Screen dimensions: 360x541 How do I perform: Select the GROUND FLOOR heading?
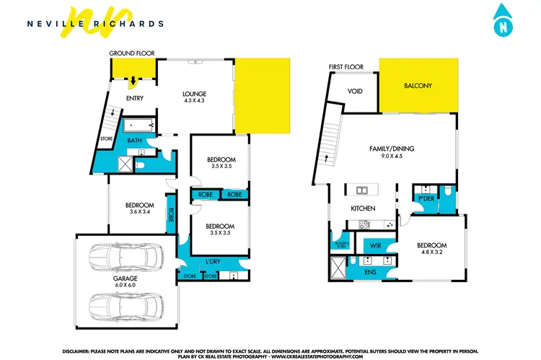132,54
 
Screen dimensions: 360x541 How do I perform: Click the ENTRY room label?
135,98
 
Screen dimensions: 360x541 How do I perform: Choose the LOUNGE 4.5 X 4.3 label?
195,97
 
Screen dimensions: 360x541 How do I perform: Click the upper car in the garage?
126,256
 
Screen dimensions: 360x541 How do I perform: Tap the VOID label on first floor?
354,92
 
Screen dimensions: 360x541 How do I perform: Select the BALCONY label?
418,86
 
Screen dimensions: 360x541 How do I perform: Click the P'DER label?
425,197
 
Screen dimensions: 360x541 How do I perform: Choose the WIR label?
374,245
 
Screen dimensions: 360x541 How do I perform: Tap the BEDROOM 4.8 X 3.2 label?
433,249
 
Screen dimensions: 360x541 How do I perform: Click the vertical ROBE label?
171,214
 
